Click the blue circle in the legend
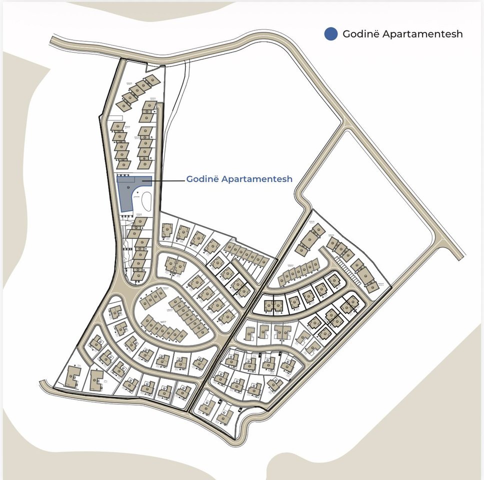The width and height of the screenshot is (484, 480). (330, 33)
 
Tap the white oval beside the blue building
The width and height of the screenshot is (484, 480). (146, 202)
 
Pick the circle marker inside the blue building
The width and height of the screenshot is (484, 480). (128, 187)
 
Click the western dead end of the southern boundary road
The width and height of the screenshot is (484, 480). (44, 384)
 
